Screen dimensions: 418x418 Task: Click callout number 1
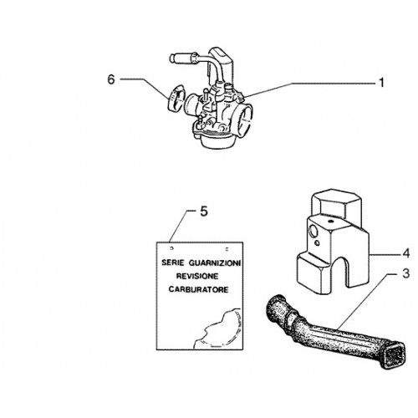pos(381,83)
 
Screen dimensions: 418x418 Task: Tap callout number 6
pos(111,79)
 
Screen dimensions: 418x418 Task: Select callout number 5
pos(204,212)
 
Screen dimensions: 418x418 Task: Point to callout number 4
pos(406,254)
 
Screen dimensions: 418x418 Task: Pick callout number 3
pos(406,273)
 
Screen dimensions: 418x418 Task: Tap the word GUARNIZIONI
pos(215,263)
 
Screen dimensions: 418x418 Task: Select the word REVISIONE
pos(197,277)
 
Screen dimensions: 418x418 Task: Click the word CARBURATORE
pos(198,289)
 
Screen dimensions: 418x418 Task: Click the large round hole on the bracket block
pos(314,231)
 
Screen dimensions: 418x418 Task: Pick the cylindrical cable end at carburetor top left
pos(174,59)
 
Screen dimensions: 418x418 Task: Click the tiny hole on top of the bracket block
pos(330,222)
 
